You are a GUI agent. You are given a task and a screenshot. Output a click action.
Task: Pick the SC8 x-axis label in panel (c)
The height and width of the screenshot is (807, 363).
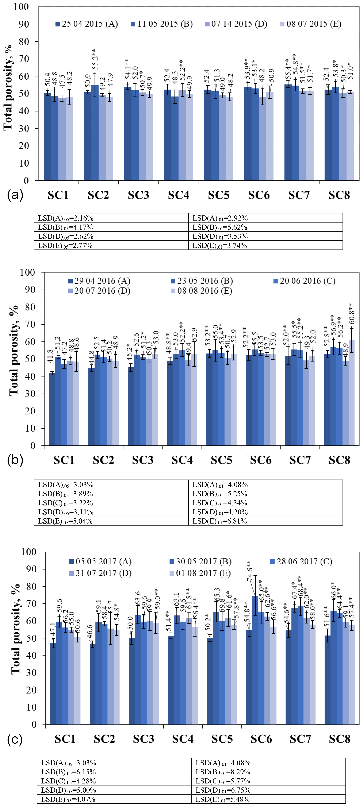click(x=339, y=739)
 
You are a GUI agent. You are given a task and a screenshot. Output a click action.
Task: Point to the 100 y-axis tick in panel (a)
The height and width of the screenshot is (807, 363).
click(x=21, y=7)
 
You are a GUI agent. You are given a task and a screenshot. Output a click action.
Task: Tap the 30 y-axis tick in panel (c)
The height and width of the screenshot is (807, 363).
click(x=31, y=673)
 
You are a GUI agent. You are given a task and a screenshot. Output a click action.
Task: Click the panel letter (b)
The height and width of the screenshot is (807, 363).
click(x=15, y=460)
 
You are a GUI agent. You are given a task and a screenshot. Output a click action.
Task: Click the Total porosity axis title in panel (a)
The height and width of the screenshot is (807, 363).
click(x=8, y=88)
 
